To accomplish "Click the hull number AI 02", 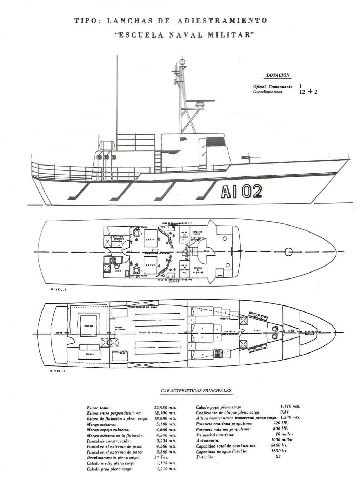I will [x=242, y=192].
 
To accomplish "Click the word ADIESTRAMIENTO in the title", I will [x=222, y=21].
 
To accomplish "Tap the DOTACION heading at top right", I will [x=278, y=75].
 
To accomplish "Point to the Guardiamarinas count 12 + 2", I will [x=308, y=92].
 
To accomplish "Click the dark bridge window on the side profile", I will [x=216, y=142].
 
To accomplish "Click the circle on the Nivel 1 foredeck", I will [x=288, y=251].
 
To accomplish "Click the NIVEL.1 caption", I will [x=58, y=290].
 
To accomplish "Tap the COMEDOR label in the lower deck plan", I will [x=88, y=326].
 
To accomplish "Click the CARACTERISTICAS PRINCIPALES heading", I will [x=196, y=391].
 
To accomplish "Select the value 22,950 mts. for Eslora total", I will [x=165, y=408].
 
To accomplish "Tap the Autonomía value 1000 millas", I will [x=282, y=440].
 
